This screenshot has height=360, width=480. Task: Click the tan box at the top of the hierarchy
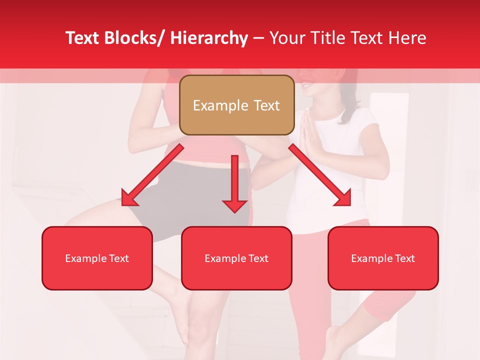(x=236, y=105)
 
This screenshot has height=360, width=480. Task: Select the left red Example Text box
(x=97, y=258)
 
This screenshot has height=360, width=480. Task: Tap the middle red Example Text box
(x=236, y=258)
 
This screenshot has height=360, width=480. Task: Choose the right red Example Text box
(x=383, y=258)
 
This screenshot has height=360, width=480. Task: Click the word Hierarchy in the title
(x=209, y=38)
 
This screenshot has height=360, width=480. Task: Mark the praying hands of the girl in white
(x=311, y=132)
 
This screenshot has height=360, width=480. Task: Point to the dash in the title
(x=258, y=38)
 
